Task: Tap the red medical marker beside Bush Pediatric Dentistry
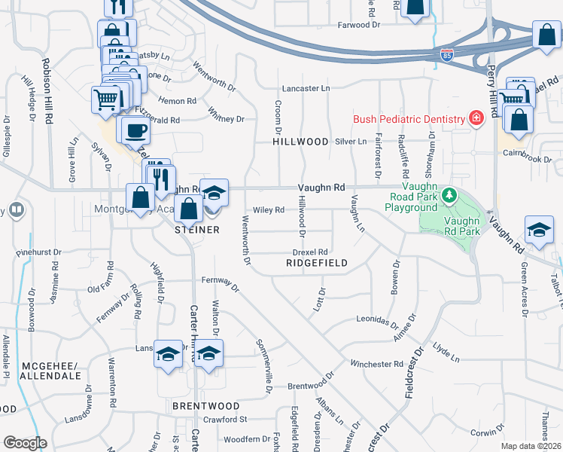tap(475, 118)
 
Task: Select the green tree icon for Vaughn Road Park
tap(449, 196)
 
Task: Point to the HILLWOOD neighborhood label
tap(301, 142)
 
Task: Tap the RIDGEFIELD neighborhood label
tap(317, 263)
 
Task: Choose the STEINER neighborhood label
tap(196, 229)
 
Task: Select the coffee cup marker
tap(135, 130)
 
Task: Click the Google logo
tap(25, 443)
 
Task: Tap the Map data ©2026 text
tap(531, 446)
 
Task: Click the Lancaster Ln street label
tap(306, 88)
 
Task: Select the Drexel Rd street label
tap(310, 252)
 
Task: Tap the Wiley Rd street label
tap(268, 210)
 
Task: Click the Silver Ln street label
tap(350, 141)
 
